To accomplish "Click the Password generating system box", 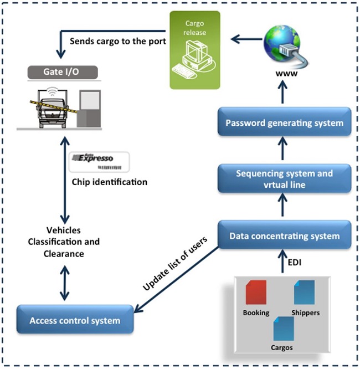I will tap(284, 123).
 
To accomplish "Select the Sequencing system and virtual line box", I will tap(284, 178).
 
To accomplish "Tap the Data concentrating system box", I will tap(284, 235).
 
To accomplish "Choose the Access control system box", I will tap(74, 320).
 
